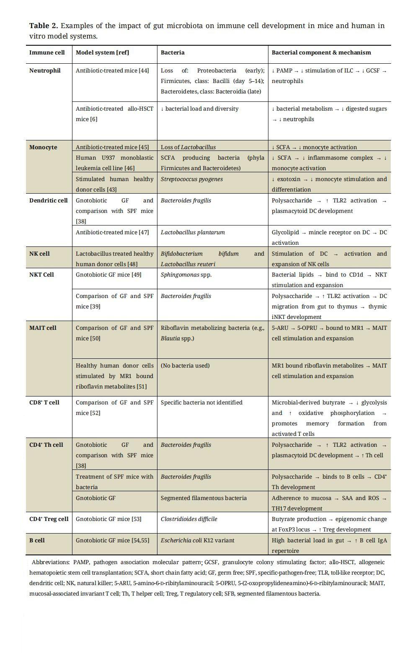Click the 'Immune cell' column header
[47, 52]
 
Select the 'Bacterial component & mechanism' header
[321, 52]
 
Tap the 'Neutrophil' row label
[45, 70]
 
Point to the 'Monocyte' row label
[43, 147]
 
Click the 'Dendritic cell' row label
[48, 200]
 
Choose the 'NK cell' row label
[39, 254]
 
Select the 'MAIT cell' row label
[43, 328]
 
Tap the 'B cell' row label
[37, 540]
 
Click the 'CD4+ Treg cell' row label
[49, 519]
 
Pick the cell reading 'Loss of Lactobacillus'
[188, 147]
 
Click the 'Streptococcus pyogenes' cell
[192, 179]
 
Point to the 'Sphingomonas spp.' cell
[186, 275]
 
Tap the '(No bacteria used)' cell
[185, 365]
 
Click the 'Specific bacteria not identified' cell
[201, 402]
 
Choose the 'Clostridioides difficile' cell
[189, 519]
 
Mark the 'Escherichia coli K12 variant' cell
[197, 540]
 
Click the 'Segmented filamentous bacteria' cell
[204, 498]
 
